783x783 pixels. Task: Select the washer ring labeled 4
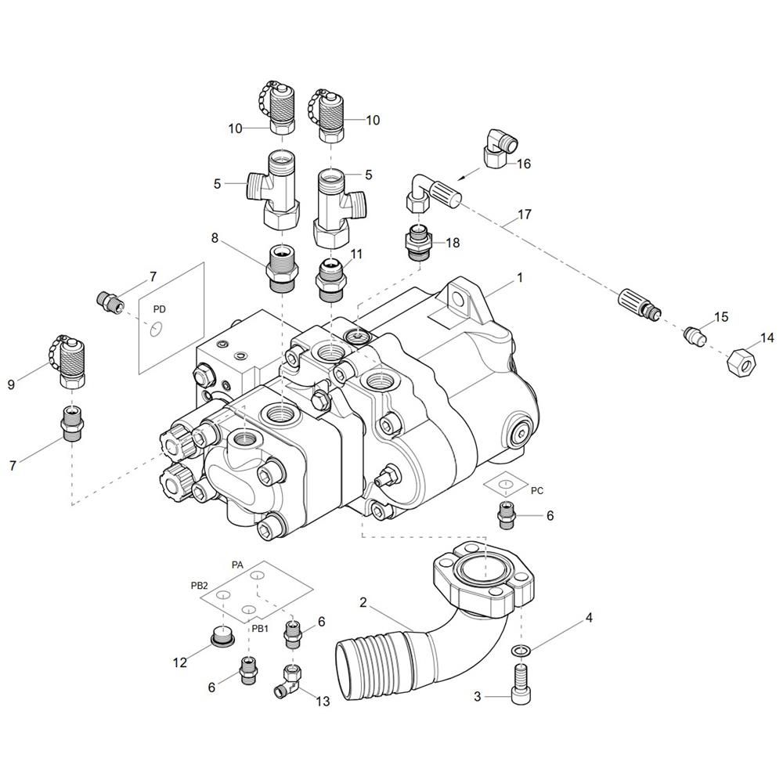pyautogui.click(x=521, y=650)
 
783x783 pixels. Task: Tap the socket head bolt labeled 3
pyautogui.click(x=521, y=684)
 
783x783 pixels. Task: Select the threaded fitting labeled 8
pyautogui.click(x=282, y=269)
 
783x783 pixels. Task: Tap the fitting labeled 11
pyautogui.click(x=330, y=280)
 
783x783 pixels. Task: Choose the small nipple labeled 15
pyautogui.click(x=695, y=335)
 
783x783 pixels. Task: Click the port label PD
pyautogui.click(x=159, y=309)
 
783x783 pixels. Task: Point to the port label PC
pyautogui.click(x=537, y=491)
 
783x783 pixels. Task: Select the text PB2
pyautogui.click(x=199, y=586)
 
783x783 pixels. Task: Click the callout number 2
pyautogui.click(x=363, y=602)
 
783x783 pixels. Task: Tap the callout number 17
pyautogui.click(x=525, y=215)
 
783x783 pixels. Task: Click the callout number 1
pyautogui.click(x=520, y=278)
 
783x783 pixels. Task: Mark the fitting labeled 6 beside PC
pyautogui.click(x=506, y=515)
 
